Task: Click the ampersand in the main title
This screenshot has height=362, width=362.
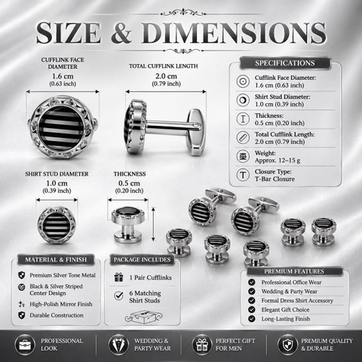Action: (x=121, y=32)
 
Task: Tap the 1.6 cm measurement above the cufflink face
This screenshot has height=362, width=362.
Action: (x=63, y=76)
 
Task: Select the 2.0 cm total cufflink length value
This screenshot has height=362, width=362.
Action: (x=166, y=76)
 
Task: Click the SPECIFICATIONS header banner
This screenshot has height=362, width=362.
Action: (x=285, y=63)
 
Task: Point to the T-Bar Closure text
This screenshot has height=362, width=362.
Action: (x=275, y=179)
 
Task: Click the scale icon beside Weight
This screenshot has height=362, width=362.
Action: (x=243, y=156)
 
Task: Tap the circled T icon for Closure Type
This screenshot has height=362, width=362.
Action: (x=243, y=175)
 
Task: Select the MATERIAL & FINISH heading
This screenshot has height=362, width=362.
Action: (x=56, y=259)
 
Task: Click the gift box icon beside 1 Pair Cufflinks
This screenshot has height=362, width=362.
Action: (x=118, y=278)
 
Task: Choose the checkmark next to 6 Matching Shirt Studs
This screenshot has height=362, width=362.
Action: (x=118, y=296)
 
